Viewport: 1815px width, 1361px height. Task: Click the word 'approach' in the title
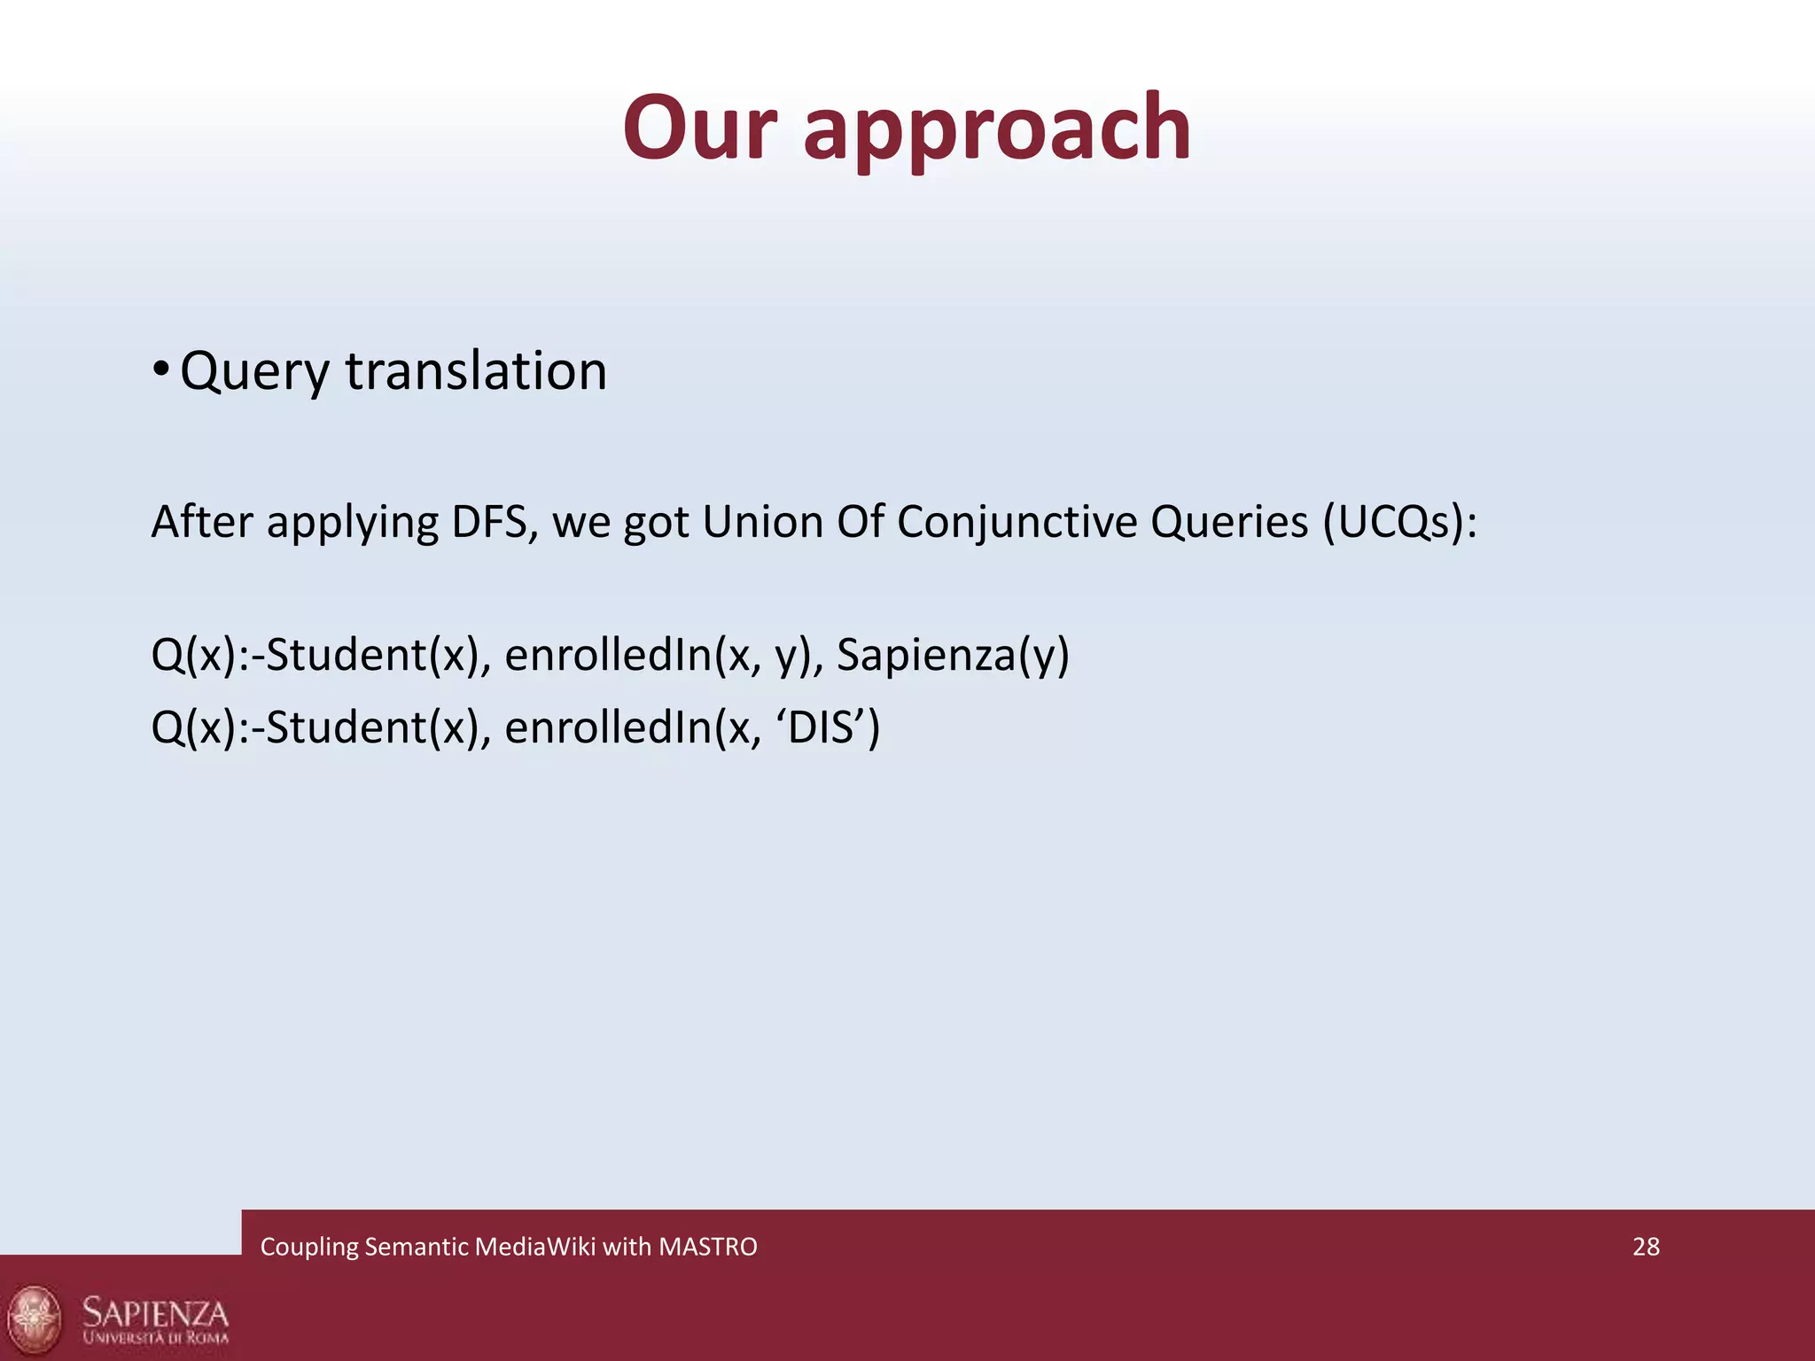pyautogui.click(x=997, y=130)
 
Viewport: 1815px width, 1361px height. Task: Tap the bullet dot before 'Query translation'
pyautogui.click(x=160, y=369)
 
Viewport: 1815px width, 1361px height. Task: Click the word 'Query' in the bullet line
pyautogui.click(x=255, y=372)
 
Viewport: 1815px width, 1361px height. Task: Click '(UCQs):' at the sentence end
pyautogui.click(x=1400, y=522)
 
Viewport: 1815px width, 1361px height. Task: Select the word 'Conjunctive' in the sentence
pyautogui.click(x=1017, y=522)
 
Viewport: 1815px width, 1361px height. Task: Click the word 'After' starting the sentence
pyautogui.click(x=203, y=522)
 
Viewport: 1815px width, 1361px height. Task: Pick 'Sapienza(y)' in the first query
pyautogui.click(x=953, y=656)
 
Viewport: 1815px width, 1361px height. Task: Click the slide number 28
pyautogui.click(x=1646, y=1247)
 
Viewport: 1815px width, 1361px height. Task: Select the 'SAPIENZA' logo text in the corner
pyautogui.click(x=155, y=1312)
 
